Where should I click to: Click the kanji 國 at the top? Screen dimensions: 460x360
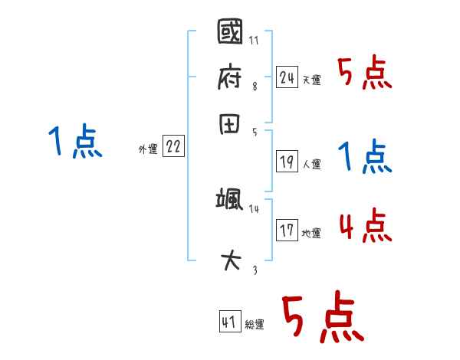[230, 34]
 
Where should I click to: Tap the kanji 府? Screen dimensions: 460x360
[230, 77]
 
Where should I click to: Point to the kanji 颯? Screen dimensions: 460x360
[230, 201]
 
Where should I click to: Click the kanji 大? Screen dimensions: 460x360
[230, 261]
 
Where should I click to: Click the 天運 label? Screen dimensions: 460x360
[311, 80]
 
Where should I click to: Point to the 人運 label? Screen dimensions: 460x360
[311, 164]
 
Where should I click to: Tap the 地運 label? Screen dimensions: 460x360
[311, 233]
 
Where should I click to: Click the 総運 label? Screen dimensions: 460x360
[255, 325]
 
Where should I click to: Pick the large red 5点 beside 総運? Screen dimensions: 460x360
[320, 319]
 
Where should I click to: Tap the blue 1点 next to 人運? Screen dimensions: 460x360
[364, 157]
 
